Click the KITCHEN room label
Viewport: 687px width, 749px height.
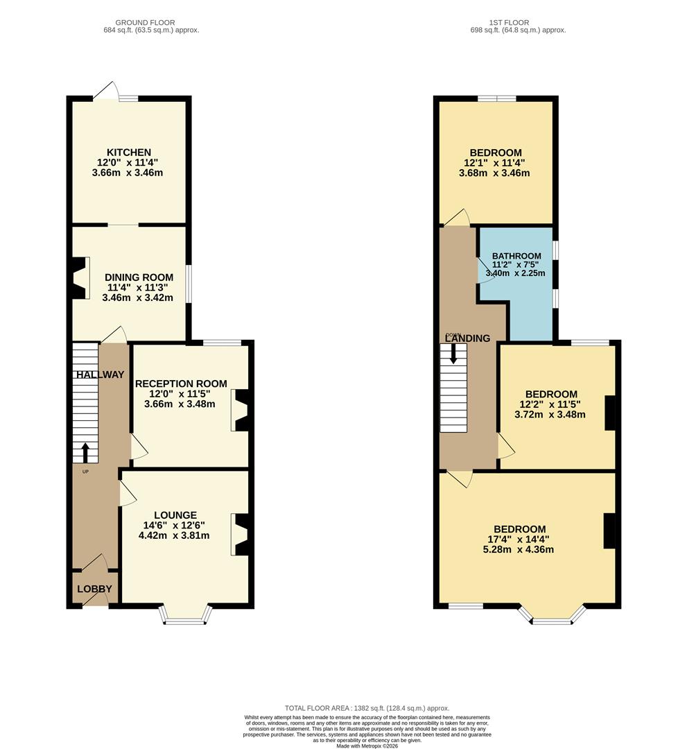[129, 153]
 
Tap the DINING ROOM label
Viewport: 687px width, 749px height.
[139, 277]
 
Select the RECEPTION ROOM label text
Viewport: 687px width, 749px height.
[181, 384]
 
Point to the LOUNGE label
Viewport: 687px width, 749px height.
[175, 515]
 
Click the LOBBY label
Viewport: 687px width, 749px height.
[94, 589]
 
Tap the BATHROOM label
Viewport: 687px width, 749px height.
[516, 256]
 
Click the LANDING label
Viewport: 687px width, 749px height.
[467, 338]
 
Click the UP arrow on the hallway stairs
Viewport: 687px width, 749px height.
[85, 453]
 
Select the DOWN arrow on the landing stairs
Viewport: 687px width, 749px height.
[453, 354]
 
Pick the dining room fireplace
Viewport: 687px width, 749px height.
[80, 278]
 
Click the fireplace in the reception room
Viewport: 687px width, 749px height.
[240, 411]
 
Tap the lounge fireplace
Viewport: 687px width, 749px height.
[240, 535]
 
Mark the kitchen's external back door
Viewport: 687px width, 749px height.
[106, 91]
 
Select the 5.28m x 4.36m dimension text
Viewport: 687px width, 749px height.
[518, 549]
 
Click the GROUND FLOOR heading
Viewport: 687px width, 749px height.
[145, 22]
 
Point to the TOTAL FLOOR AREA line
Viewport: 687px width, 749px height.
[367, 708]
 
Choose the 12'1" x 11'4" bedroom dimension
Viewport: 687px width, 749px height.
[494, 163]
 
